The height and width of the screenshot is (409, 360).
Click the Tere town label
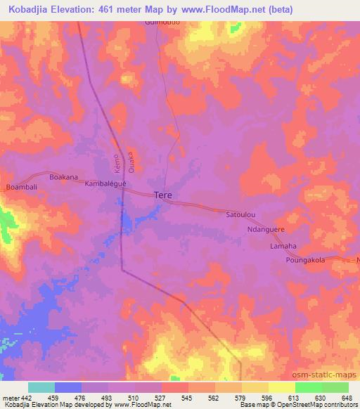(163, 195)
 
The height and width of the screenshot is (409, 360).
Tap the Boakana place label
(63, 177)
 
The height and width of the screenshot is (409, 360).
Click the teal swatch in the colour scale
(41, 387)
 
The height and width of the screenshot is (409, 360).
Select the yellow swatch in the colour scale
(255, 387)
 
